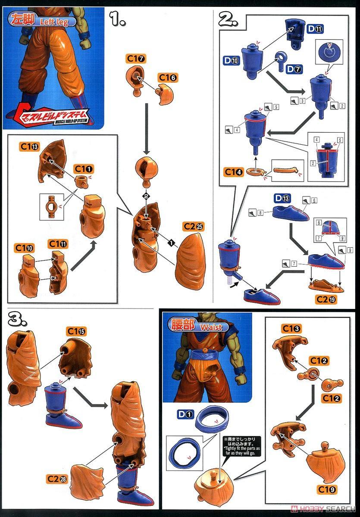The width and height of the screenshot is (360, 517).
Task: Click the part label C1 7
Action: point(136,58)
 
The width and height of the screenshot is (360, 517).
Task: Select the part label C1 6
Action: point(168,78)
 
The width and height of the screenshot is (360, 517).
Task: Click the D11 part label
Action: point(315,29)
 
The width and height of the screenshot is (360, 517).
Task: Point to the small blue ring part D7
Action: point(281,58)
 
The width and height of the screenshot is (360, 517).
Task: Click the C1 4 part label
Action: point(233,172)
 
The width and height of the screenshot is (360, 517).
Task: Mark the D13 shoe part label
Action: point(282,198)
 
